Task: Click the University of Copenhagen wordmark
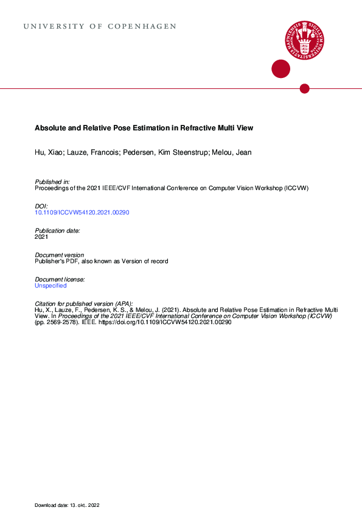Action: [x=100, y=27]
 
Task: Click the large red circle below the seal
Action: [x=280, y=69]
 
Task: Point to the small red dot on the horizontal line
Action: [x=305, y=89]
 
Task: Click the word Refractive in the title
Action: [x=198, y=129]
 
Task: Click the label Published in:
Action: [x=52, y=182]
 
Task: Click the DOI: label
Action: [x=41, y=207]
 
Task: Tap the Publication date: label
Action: [x=58, y=231]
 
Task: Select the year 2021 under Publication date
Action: [x=41, y=237]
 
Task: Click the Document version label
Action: [x=60, y=255]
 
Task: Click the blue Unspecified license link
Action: [x=50, y=285]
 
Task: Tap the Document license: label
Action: [x=60, y=279]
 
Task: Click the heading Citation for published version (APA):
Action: [x=84, y=303]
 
